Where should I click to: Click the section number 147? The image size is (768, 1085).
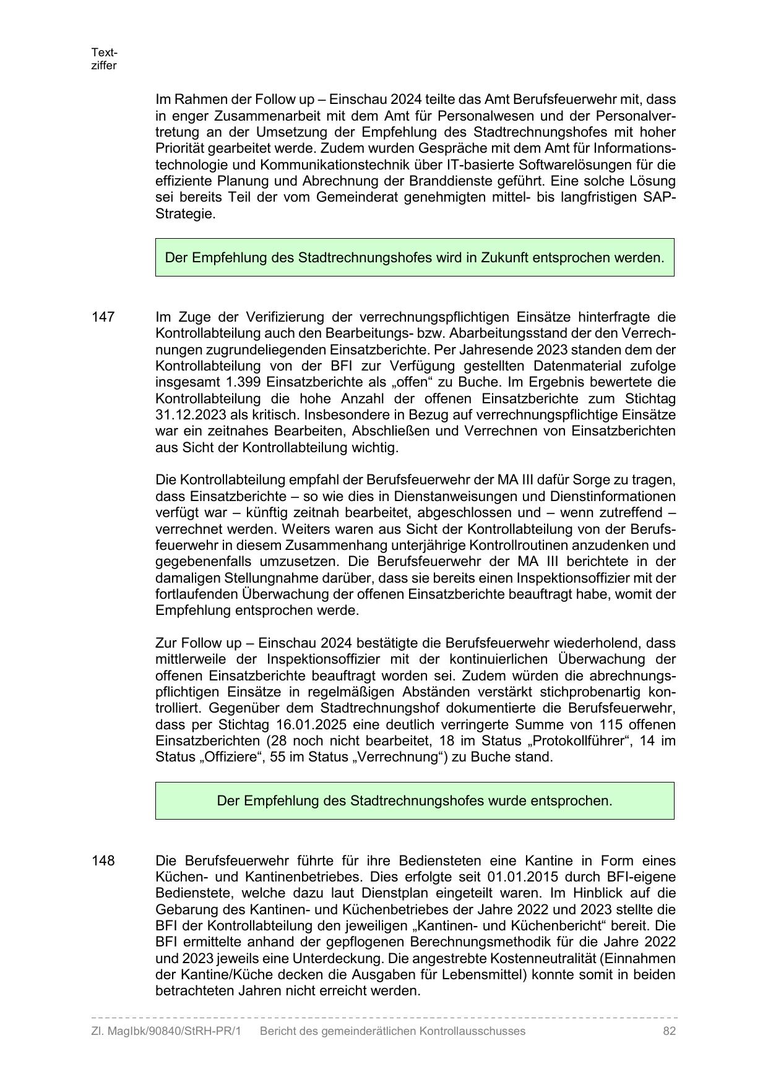tap(103, 317)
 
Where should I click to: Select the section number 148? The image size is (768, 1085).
tap(103, 861)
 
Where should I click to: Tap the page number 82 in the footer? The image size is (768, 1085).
tap(669, 1031)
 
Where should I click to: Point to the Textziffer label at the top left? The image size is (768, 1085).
tap(104, 59)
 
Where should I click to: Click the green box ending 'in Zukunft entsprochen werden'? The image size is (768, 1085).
tap(415, 257)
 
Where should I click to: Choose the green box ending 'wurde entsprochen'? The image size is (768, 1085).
tap(415, 801)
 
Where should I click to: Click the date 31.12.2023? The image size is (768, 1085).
tap(189, 415)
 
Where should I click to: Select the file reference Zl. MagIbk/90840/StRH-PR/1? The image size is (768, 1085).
tap(166, 1031)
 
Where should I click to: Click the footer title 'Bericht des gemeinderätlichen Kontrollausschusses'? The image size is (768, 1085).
tap(392, 1031)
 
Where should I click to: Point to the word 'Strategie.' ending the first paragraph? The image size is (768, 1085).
tap(186, 214)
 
